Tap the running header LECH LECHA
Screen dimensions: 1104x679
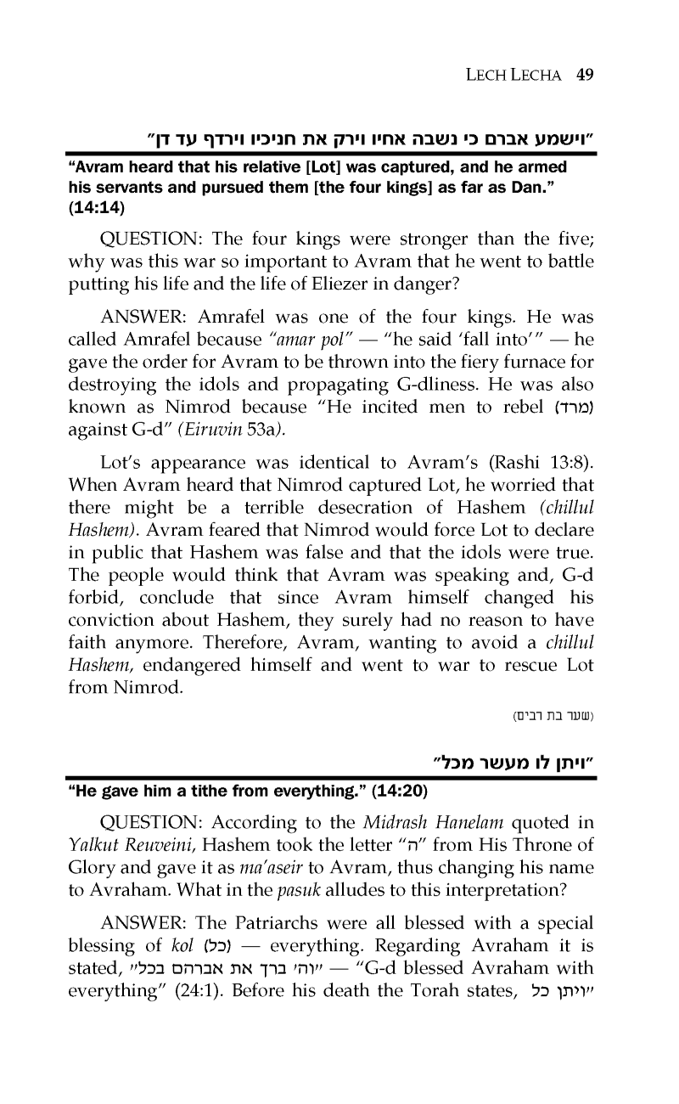pyautogui.click(x=514, y=74)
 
